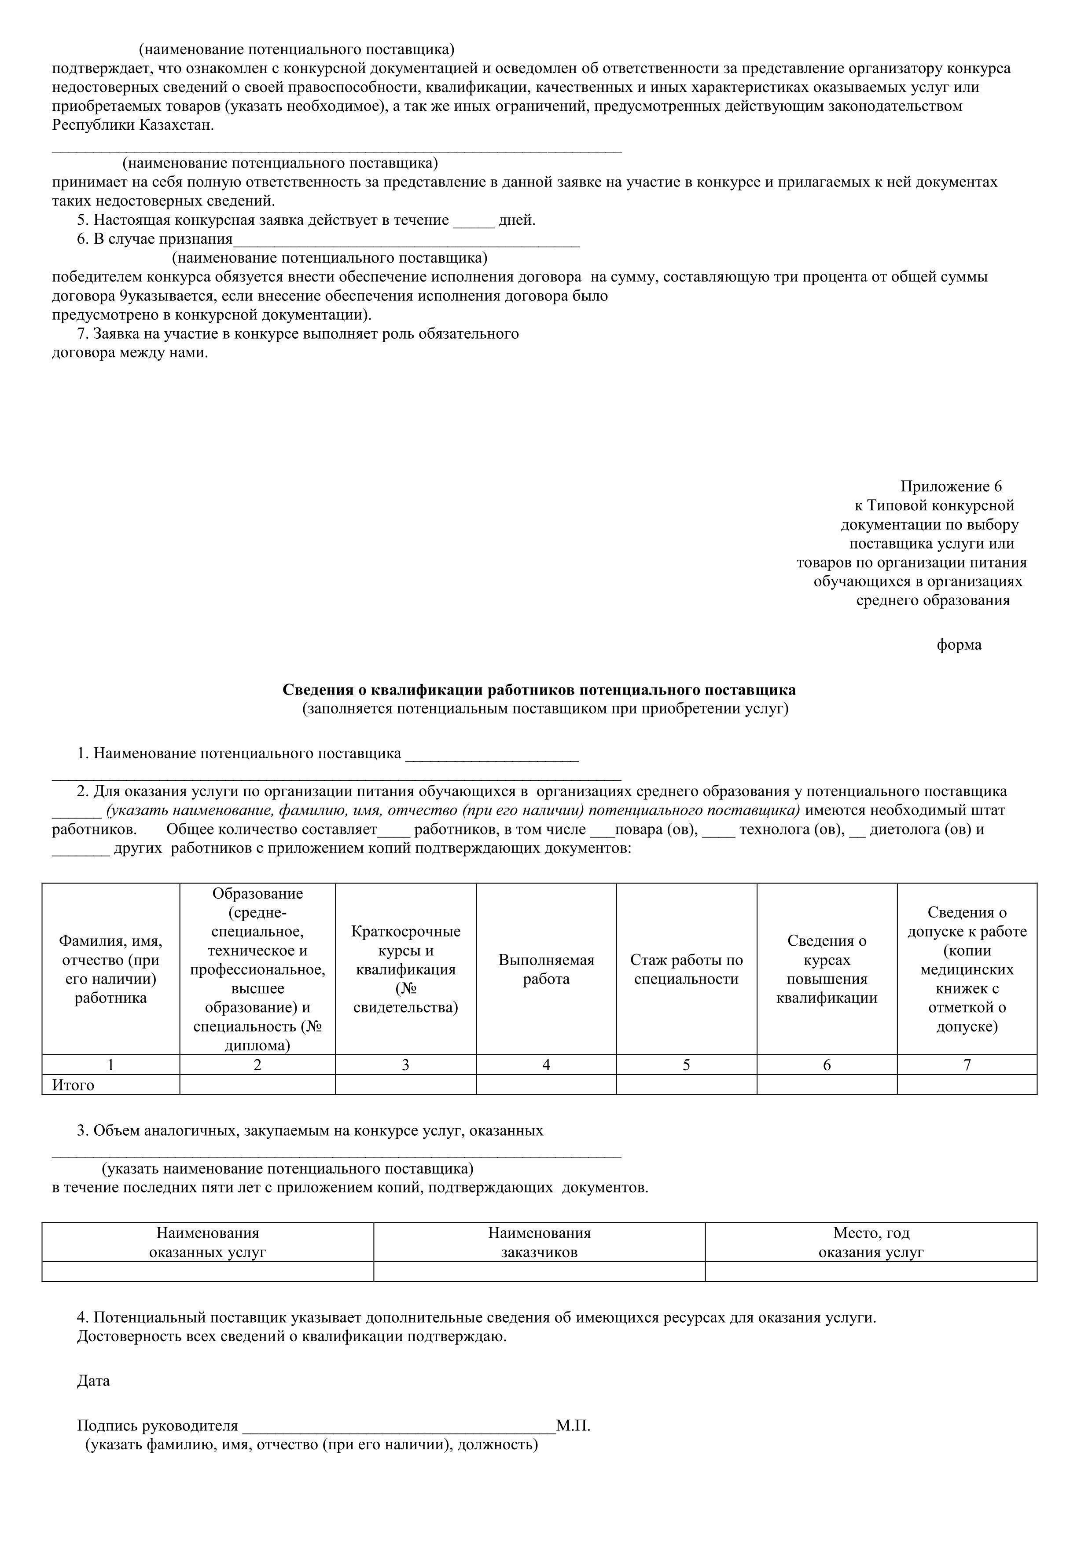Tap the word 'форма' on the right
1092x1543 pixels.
[x=959, y=645]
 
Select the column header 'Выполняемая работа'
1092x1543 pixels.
[x=546, y=969]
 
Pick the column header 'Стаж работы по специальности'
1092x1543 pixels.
[x=686, y=969]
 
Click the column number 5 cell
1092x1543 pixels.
[x=686, y=1064]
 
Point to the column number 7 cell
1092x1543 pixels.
[x=967, y=1064]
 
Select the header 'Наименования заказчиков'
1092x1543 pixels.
[x=539, y=1242]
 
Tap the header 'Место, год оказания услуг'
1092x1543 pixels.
[x=871, y=1242]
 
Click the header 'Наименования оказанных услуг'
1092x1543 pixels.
[x=208, y=1242]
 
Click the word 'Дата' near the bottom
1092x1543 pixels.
[x=93, y=1381]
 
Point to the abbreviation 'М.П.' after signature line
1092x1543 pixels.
[x=574, y=1426]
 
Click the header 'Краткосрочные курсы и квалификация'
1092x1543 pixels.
[x=405, y=969]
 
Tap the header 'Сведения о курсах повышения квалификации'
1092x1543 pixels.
[x=827, y=969]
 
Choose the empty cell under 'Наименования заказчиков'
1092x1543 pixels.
[x=539, y=1272]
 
